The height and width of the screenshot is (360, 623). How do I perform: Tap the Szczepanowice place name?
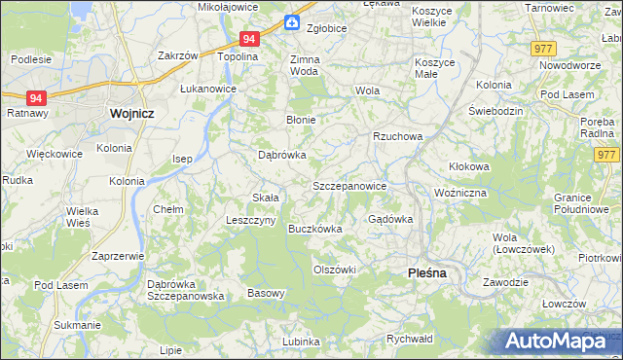coord(349,186)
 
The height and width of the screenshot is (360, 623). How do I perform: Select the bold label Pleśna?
coord(425,273)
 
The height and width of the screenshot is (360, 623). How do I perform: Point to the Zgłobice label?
coord(326,28)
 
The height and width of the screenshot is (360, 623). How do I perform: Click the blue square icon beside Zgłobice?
coord(291,22)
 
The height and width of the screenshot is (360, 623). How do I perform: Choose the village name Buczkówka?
coord(315,230)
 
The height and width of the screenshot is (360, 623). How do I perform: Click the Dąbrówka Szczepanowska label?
coord(186,290)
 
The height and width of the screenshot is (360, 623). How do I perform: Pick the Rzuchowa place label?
coord(397,137)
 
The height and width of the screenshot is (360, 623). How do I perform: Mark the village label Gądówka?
coord(390,219)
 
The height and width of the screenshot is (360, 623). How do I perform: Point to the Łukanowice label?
coord(208,87)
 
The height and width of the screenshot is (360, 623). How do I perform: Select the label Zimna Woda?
coord(305,65)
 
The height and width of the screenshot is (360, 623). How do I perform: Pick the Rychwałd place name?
coord(409,340)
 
